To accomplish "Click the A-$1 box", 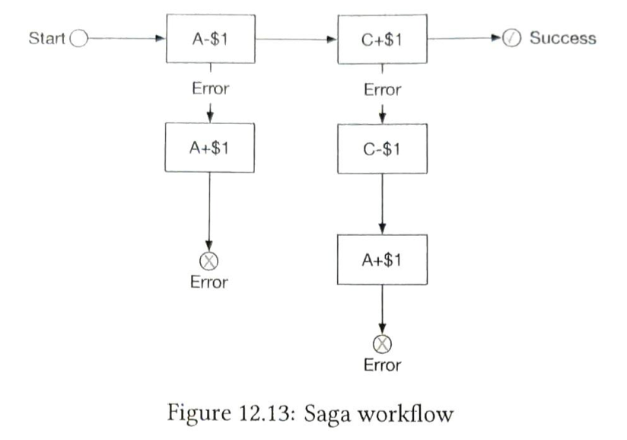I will [x=211, y=39].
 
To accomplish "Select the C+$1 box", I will [x=382, y=39].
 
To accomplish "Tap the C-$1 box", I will [x=382, y=148].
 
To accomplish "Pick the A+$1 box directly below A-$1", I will [x=211, y=147].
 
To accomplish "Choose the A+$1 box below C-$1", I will [x=382, y=259].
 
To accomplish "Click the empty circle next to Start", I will [x=78, y=39].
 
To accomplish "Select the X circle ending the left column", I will [x=209, y=262].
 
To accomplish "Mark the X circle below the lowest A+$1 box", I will [x=382, y=345].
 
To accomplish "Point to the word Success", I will [x=562, y=38].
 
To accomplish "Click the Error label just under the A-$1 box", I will [x=210, y=88].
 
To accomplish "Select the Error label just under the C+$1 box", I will [x=382, y=89].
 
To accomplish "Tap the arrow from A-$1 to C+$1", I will [x=297, y=39].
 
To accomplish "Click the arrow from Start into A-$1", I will [x=126, y=39].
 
